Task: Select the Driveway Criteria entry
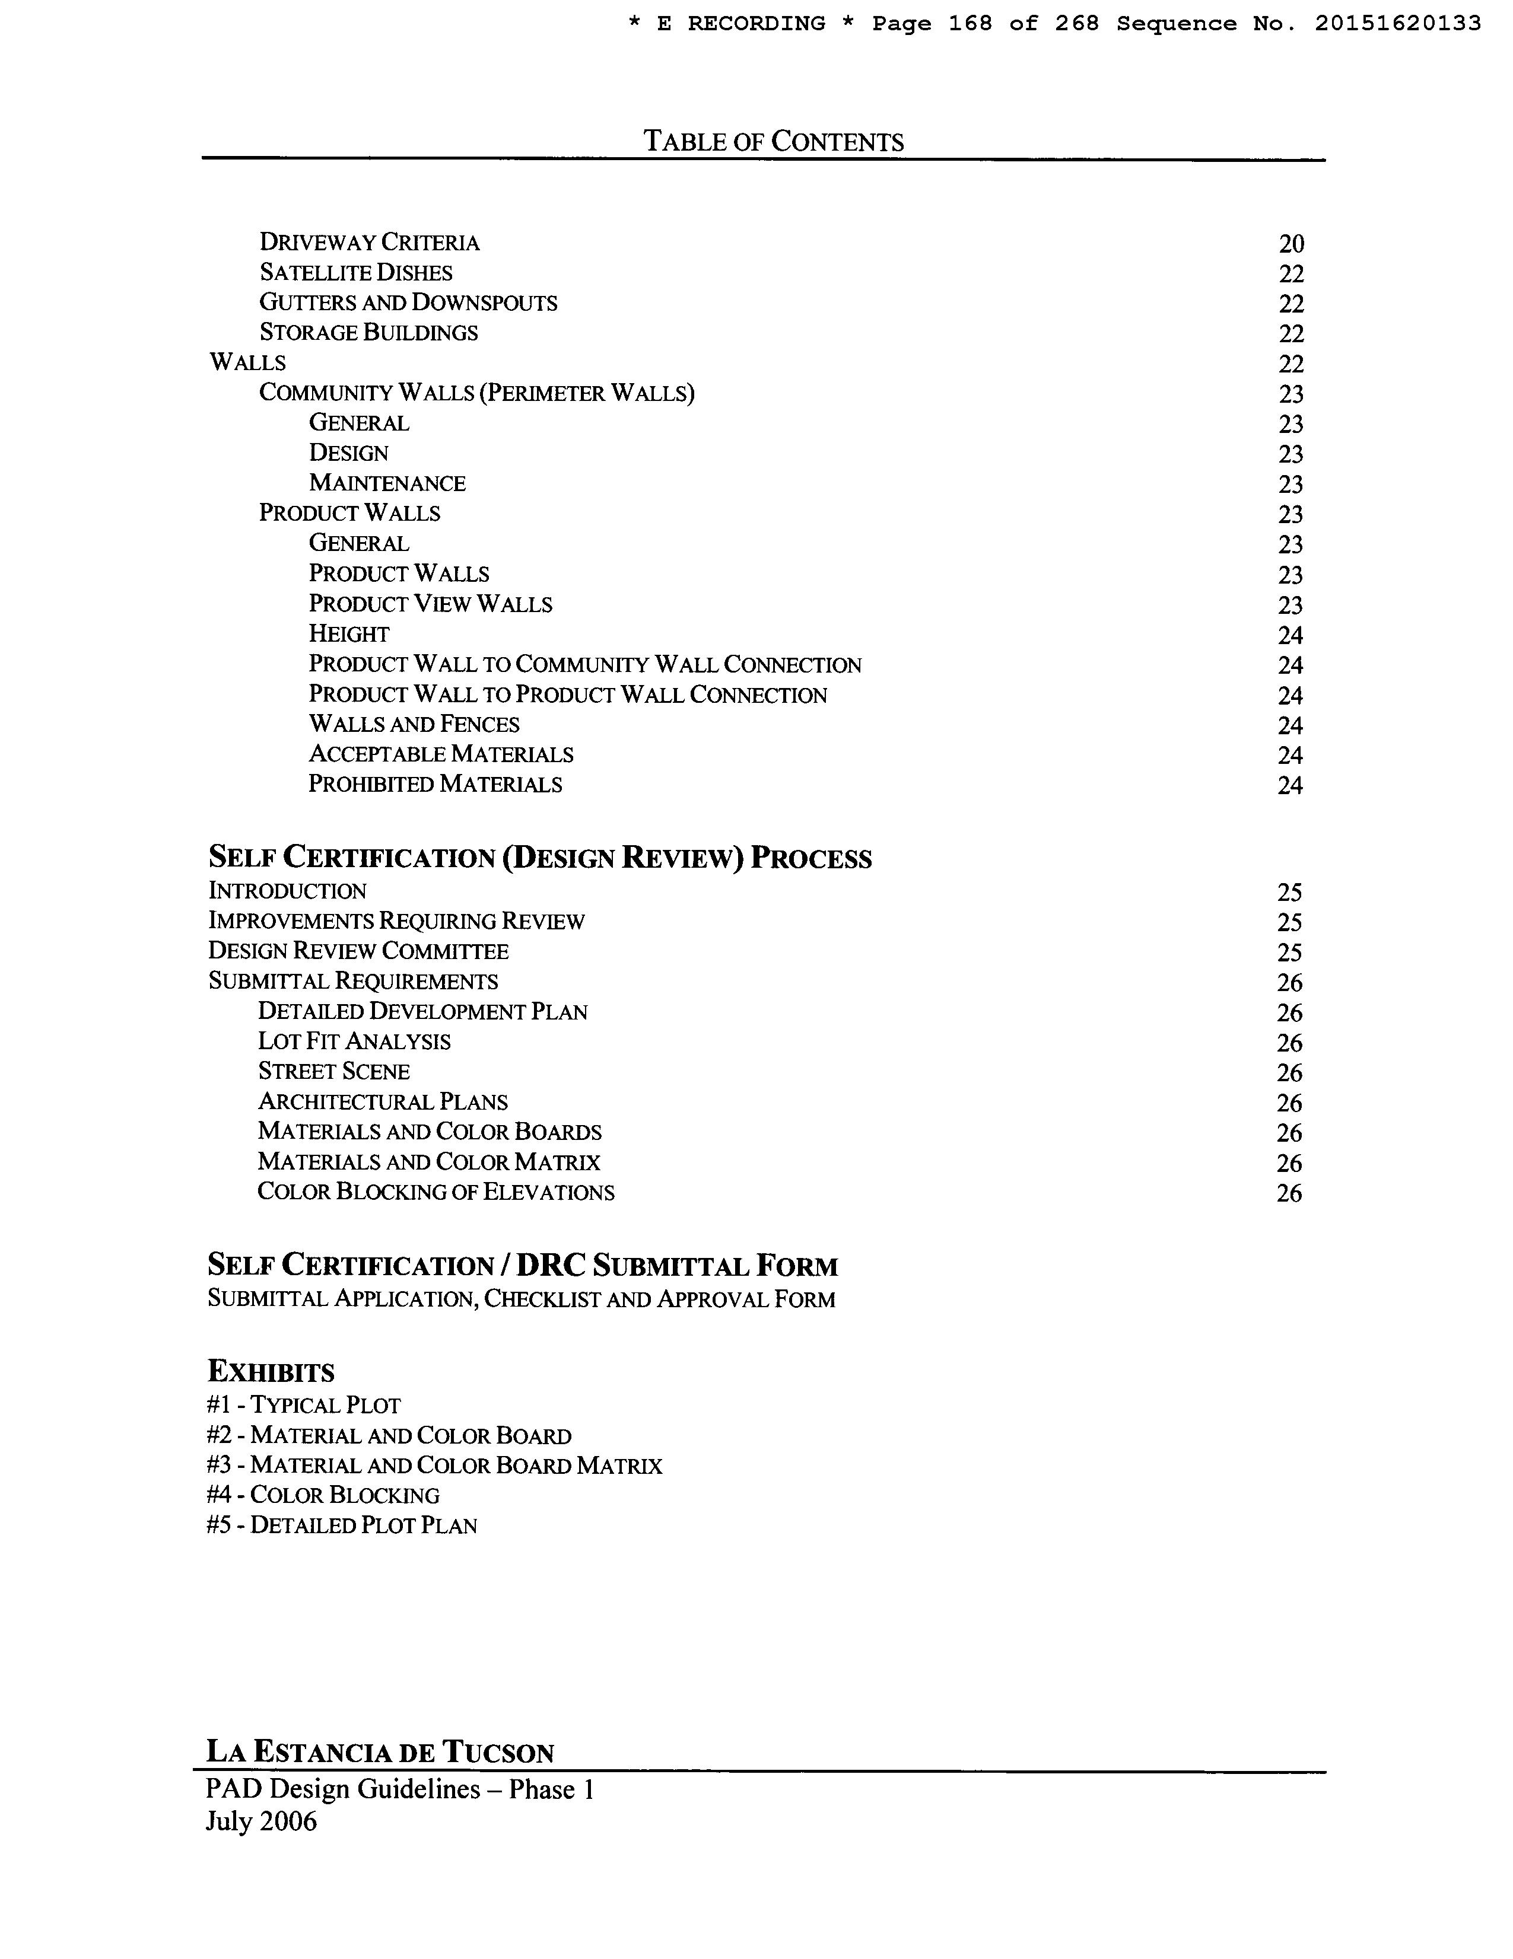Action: [369, 242]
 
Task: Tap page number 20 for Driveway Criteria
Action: [1290, 244]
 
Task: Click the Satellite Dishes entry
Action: [355, 273]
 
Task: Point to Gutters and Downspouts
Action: [408, 303]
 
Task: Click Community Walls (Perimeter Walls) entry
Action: [476, 393]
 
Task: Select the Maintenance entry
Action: [387, 483]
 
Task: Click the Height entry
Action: [348, 634]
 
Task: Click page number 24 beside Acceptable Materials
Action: [1289, 755]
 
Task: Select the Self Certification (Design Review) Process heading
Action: [539, 858]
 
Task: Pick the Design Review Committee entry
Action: [358, 951]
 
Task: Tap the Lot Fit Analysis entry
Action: [354, 1041]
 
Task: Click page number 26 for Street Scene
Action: [1289, 1073]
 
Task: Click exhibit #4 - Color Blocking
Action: [322, 1495]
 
